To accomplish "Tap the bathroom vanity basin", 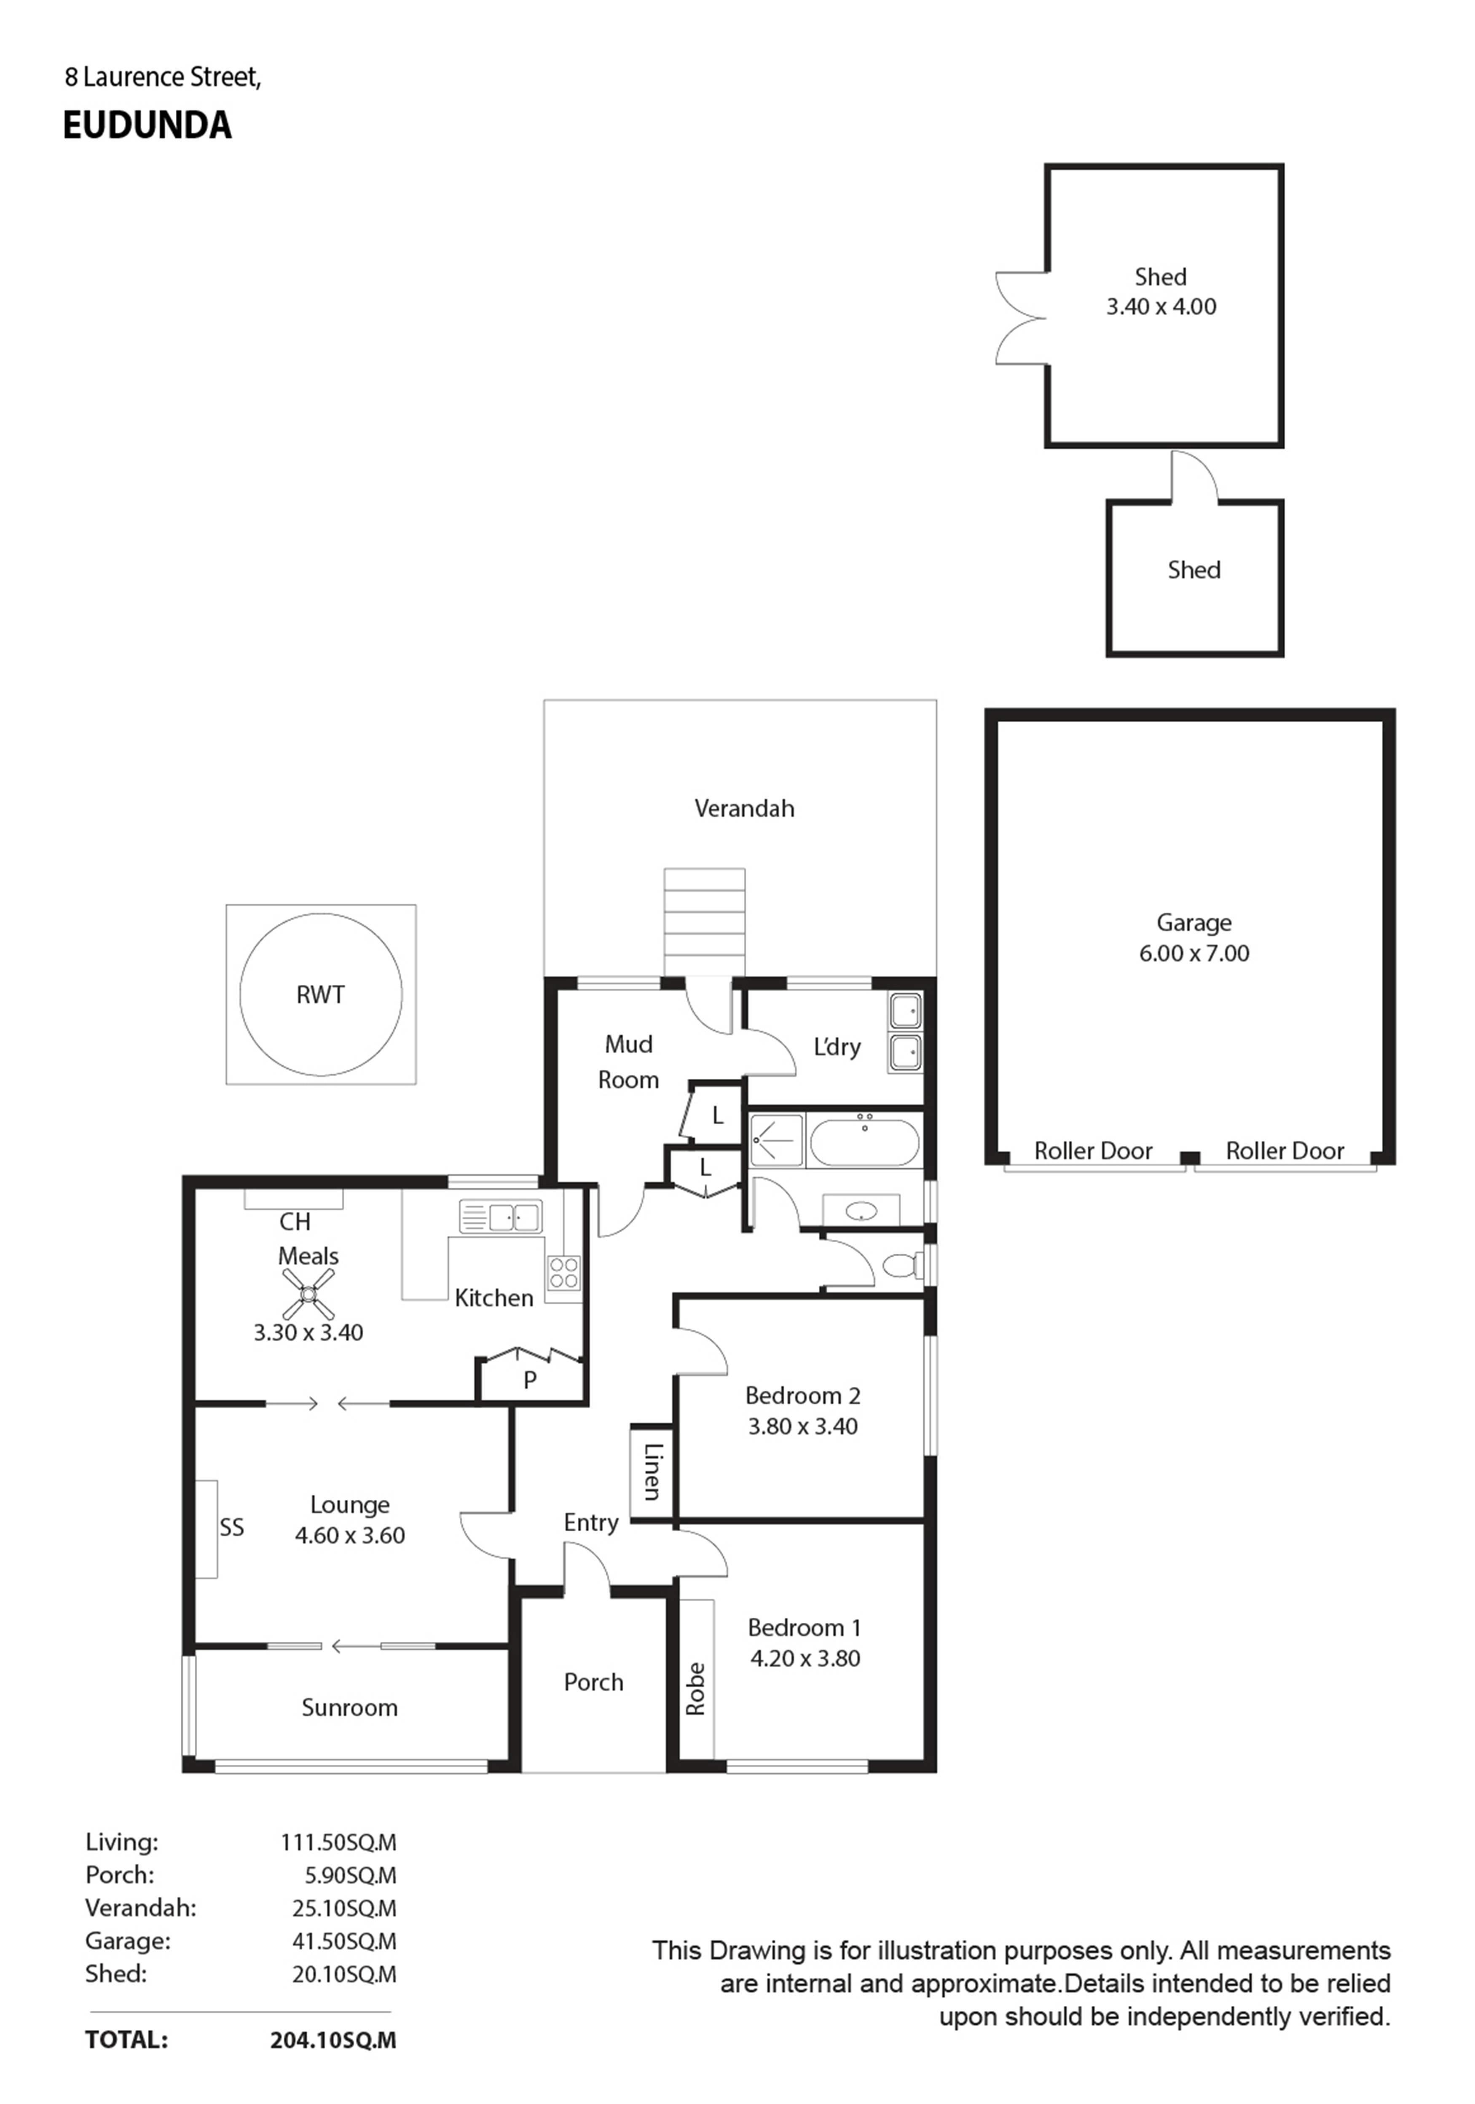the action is click(x=861, y=1211).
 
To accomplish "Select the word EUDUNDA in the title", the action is click(x=147, y=126).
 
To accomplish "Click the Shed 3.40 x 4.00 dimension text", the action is click(x=1161, y=307).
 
